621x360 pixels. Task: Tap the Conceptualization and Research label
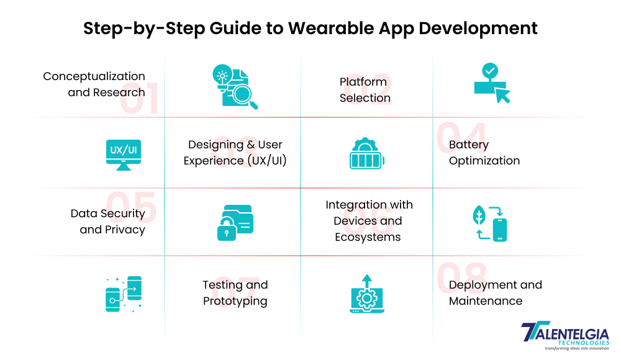[94, 84]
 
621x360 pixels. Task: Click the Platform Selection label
[365, 90]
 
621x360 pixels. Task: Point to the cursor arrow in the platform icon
[502, 95]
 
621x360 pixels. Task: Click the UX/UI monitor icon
[124, 153]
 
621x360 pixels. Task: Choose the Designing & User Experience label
[235, 153]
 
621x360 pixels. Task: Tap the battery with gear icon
[366, 153]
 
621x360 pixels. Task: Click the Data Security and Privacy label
[107, 222]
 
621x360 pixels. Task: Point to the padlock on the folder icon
[226, 230]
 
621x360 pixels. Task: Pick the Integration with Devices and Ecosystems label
[368, 221]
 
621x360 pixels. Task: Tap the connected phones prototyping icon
[124, 293]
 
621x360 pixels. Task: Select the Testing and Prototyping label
[235, 293]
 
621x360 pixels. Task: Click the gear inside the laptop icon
[366, 299]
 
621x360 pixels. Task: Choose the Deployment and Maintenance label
[495, 293]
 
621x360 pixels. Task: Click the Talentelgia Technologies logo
[564, 336]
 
